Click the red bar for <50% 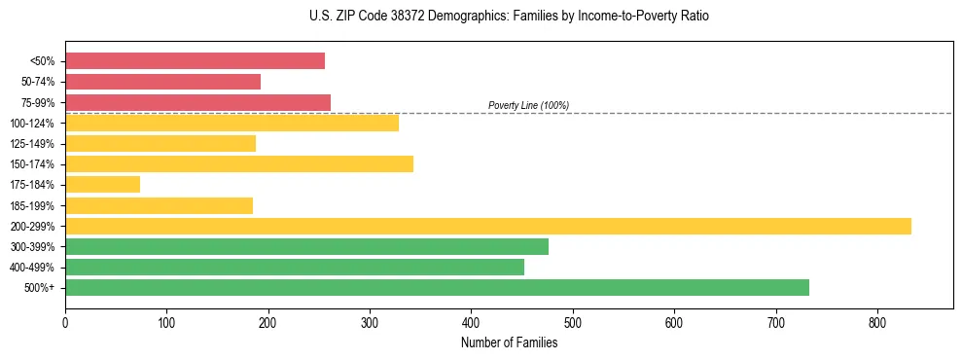[x=195, y=60]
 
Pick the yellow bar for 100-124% [x=232, y=123]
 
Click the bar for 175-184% [x=102, y=184]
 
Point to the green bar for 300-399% [x=306, y=246]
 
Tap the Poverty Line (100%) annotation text [x=528, y=105]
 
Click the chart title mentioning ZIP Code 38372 [x=509, y=17]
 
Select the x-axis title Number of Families [x=509, y=342]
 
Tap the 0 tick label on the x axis [x=65, y=322]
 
